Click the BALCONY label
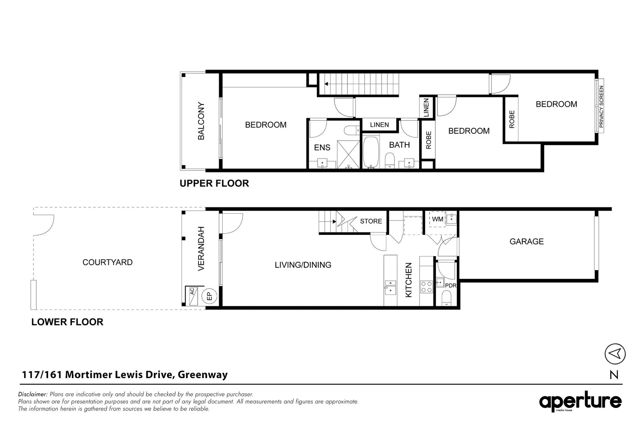[x=201, y=121]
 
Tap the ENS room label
[x=322, y=148]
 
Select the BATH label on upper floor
[x=399, y=145]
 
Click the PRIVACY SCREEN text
[x=601, y=106]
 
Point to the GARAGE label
[x=526, y=242]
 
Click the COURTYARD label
[x=107, y=262]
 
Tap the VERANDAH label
[x=201, y=249]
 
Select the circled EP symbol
[x=209, y=296]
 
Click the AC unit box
[x=192, y=296]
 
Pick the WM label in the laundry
[x=437, y=219]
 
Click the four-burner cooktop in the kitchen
[x=427, y=287]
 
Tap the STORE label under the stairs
[x=371, y=221]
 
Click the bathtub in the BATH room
[x=371, y=153]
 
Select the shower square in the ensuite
[x=348, y=155]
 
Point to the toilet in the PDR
[x=446, y=298]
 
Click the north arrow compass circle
[x=615, y=354]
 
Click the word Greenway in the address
[x=202, y=375]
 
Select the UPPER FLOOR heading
[x=214, y=184]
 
